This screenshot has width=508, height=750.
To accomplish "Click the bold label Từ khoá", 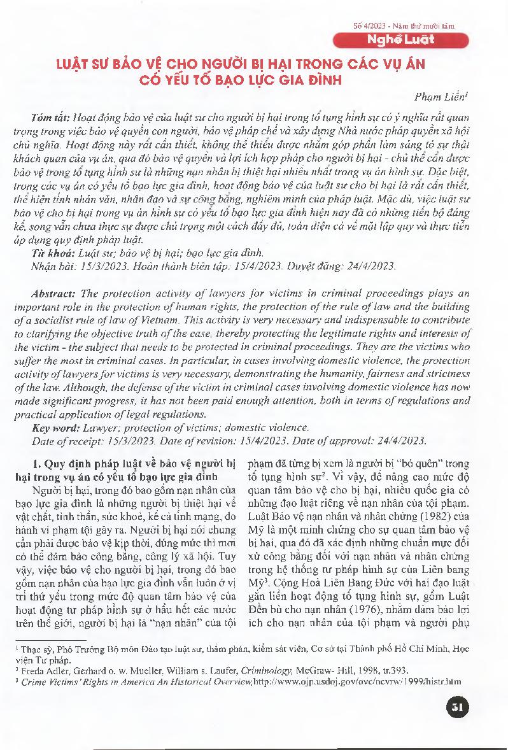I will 49,253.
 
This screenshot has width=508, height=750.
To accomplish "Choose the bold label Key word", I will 53,427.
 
